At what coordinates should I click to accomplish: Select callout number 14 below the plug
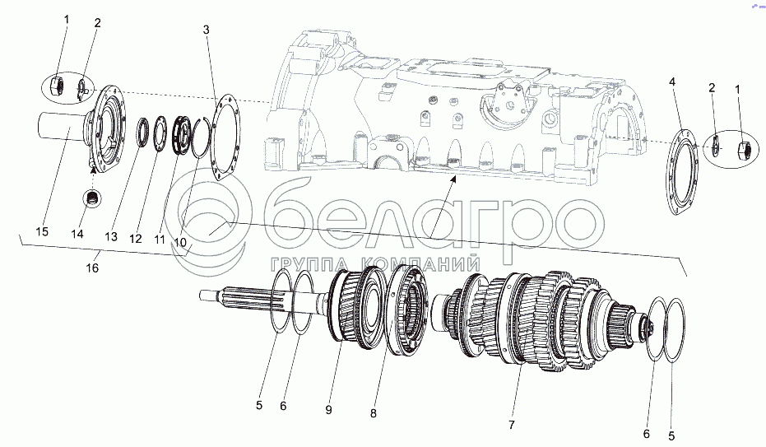(x=77, y=234)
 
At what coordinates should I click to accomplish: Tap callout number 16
(x=93, y=268)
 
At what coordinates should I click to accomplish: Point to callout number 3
(x=207, y=30)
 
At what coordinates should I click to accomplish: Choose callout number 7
(x=511, y=425)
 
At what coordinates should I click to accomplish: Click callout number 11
(x=160, y=240)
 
